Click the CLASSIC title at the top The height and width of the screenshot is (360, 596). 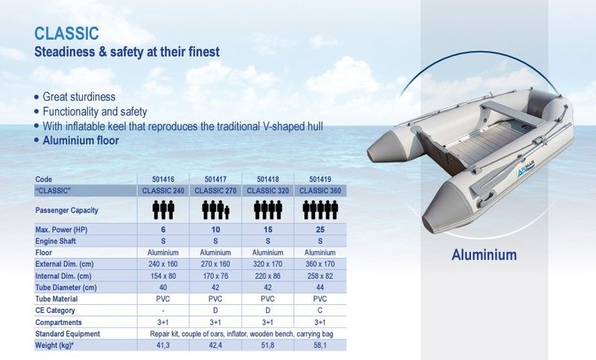tap(66, 34)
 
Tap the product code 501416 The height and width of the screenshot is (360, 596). tap(163, 179)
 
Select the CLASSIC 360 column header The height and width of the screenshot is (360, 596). tap(320, 191)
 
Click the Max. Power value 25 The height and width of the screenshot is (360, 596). tap(320, 230)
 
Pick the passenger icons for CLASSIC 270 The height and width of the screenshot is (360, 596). tap(215, 210)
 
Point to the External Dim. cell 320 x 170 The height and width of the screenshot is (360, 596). tap(267, 264)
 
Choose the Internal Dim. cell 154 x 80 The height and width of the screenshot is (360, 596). tap(163, 276)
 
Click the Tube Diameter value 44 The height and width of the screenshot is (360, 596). tap(320, 288)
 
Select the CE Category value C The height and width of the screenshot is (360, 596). tap(320, 311)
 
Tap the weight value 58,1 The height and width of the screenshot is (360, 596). tap(320, 345)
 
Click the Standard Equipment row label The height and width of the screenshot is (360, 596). tap(67, 334)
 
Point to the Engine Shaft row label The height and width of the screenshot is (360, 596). tap(55, 241)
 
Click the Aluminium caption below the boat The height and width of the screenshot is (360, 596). tap(484, 255)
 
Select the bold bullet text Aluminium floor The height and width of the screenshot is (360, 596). tap(80, 141)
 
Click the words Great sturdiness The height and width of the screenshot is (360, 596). tap(79, 97)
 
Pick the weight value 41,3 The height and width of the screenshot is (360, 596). tap(163, 345)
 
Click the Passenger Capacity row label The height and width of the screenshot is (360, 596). tap(66, 210)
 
